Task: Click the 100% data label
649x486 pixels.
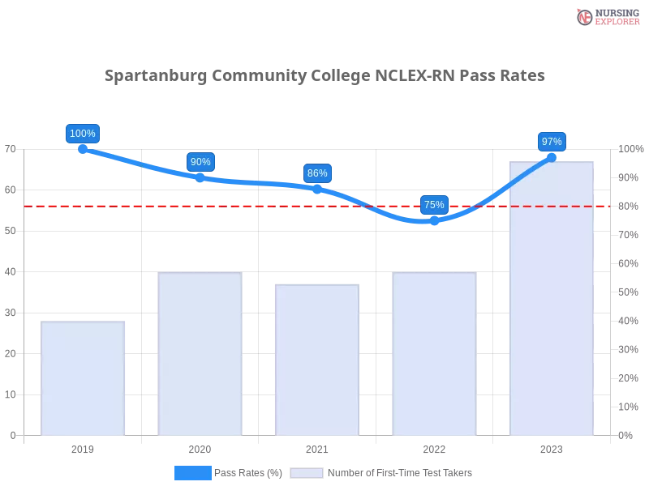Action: click(83, 134)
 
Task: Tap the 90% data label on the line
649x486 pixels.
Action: click(200, 162)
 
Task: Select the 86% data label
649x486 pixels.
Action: click(317, 173)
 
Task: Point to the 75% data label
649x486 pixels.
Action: click(434, 205)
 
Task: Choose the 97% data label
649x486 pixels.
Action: click(552, 142)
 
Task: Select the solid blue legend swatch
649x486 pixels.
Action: click(192, 472)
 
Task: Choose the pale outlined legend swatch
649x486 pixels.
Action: click(307, 472)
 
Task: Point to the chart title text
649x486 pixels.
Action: click(324, 76)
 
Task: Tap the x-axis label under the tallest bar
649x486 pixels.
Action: click(552, 447)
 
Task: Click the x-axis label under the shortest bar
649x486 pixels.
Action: click(84, 447)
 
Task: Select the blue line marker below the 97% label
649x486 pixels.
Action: click(552, 156)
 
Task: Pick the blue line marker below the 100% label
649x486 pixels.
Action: click(84, 147)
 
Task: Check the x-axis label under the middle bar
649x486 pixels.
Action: click(317, 447)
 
